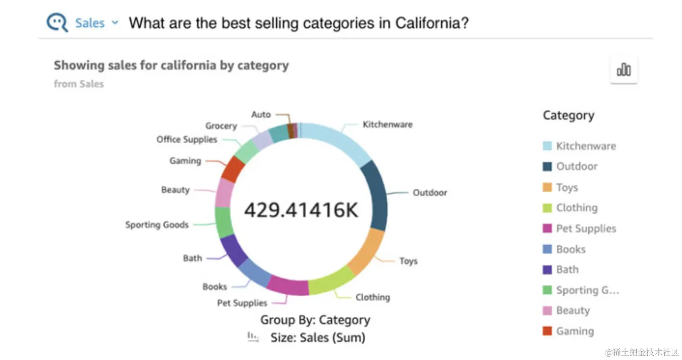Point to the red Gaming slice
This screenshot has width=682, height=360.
point(232,169)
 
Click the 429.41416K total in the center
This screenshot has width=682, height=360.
point(301,210)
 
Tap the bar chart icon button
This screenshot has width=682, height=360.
point(623,70)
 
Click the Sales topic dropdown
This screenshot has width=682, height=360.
point(96,23)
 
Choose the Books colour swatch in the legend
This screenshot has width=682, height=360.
point(547,249)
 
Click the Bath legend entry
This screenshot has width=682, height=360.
point(567,270)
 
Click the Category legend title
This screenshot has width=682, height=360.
point(568,116)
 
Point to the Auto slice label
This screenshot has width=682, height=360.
point(261,114)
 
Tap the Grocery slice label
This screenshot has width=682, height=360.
point(221,126)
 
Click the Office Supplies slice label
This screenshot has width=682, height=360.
point(187,139)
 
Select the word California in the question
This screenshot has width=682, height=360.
point(432,23)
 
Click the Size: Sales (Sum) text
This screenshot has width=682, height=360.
point(318,338)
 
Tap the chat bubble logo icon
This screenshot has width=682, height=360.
point(58,23)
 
